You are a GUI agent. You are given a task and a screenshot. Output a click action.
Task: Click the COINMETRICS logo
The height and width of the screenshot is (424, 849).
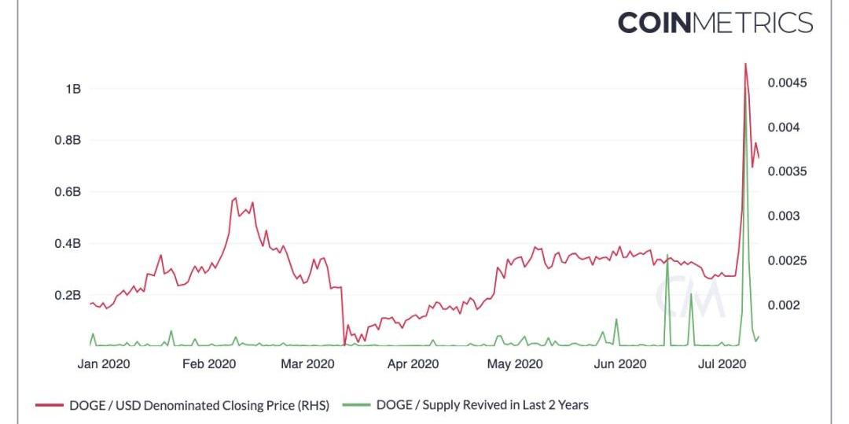(x=715, y=22)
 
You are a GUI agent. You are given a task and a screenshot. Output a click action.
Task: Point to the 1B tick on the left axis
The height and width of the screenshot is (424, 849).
(x=72, y=89)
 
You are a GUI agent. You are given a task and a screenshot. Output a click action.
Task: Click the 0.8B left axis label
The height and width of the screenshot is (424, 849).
(x=67, y=141)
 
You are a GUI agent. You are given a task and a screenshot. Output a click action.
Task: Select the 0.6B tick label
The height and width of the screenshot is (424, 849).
(x=67, y=192)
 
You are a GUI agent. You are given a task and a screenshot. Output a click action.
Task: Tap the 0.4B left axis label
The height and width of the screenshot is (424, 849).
(x=67, y=244)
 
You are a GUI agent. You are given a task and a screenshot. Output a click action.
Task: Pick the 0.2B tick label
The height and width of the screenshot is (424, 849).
(x=67, y=296)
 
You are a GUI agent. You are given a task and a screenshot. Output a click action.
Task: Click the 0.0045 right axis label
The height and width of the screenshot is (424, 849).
(x=788, y=83)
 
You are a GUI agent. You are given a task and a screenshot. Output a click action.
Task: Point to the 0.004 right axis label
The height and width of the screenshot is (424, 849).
(x=785, y=127)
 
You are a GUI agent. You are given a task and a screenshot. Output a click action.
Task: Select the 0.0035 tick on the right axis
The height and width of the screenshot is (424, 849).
(x=788, y=172)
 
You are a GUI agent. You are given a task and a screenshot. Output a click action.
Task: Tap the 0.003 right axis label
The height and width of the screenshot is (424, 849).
(x=785, y=216)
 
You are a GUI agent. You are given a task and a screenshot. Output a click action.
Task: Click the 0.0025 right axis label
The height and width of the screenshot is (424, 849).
(x=788, y=261)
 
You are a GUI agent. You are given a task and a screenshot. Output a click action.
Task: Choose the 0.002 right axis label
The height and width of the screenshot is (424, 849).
(x=785, y=305)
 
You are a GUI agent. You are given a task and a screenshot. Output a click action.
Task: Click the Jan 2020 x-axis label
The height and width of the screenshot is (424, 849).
(x=104, y=364)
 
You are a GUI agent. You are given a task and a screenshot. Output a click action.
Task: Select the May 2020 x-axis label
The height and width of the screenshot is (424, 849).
(x=515, y=364)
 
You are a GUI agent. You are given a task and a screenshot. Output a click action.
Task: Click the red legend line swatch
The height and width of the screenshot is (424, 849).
(x=49, y=406)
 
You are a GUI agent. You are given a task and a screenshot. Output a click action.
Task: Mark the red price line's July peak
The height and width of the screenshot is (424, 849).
(x=745, y=64)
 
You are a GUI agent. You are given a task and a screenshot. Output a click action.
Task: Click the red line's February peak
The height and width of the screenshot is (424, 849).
(x=236, y=198)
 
